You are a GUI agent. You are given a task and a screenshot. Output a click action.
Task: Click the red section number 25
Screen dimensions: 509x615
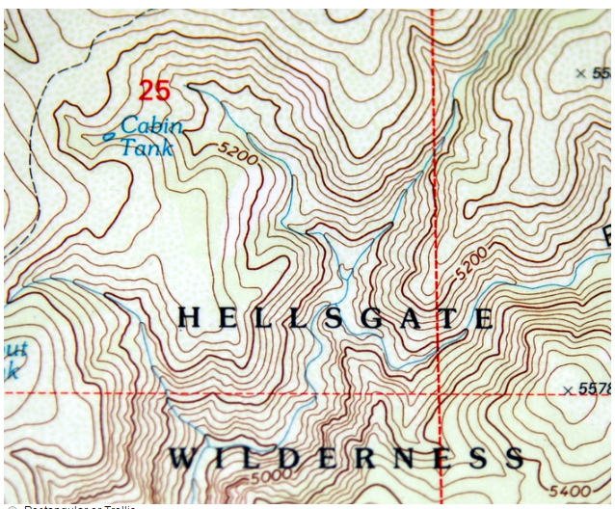pyautogui.click(x=154, y=92)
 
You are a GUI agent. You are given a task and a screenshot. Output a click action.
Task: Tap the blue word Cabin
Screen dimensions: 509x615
pyautogui.click(x=151, y=125)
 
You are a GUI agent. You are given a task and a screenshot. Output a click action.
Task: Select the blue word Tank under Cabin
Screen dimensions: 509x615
pyautogui.click(x=147, y=147)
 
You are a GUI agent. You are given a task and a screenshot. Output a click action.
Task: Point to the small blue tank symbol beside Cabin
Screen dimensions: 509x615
pyautogui.click(x=108, y=137)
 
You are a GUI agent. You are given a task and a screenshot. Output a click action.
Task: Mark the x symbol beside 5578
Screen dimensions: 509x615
pyautogui.click(x=568, y=389)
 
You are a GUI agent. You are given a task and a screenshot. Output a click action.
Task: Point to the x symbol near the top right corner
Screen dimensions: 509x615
pyautogui.click(x=580, y=73)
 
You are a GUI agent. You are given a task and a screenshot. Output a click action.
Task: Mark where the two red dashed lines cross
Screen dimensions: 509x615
pyautogui.click(x=440, y=393)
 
